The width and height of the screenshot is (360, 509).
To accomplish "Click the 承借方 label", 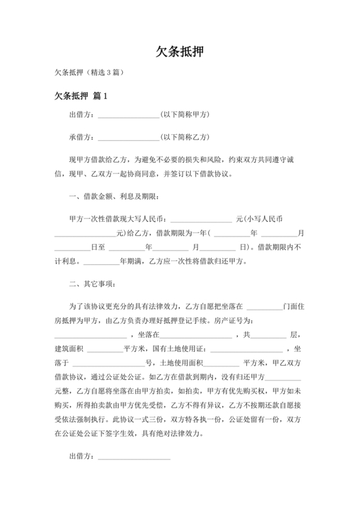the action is pos(82,137).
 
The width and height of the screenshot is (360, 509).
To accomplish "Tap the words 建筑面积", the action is pos(69,349).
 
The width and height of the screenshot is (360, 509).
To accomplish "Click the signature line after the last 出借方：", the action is pos(134,458).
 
